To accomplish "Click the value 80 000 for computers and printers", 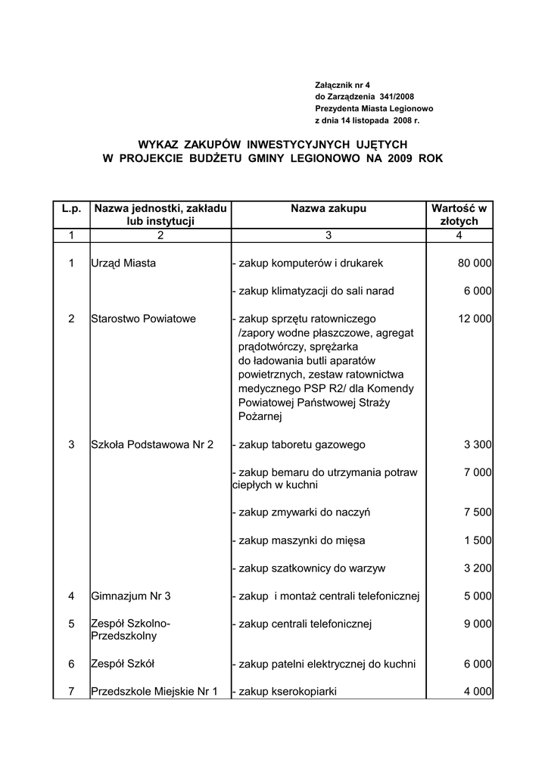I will point(475,263).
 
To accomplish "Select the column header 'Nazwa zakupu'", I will point(328,208).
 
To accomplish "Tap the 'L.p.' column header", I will point(71,208).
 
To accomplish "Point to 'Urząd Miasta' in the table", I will point(123,263).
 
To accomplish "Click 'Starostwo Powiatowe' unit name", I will point(143,319).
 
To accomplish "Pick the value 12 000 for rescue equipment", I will point(475,319).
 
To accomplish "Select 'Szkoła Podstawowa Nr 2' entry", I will point(152,445).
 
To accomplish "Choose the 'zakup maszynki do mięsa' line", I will point(298,541).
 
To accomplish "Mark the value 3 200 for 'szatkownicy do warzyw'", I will point(478,568).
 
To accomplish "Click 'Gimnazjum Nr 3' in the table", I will point(131,596).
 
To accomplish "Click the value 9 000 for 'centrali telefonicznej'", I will point(478,624).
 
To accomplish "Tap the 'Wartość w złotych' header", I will point(459,215).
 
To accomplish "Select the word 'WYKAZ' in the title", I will point(160,143).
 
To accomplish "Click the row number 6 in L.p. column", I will point(71,664).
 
